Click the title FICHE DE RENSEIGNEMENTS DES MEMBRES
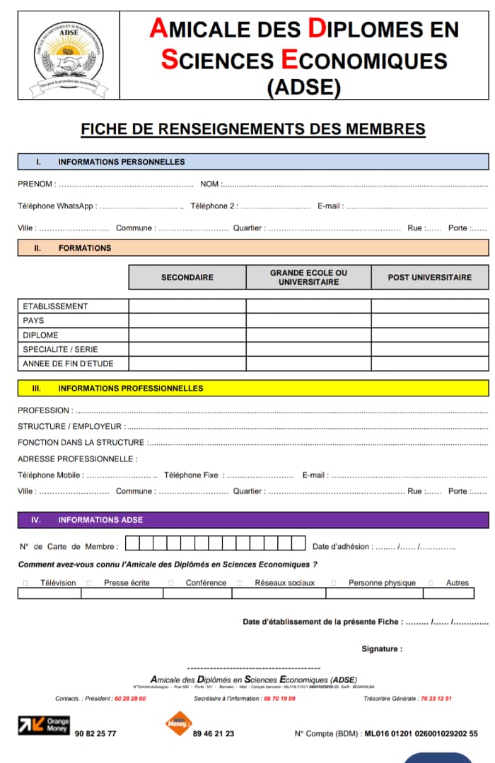(x=253, y=129)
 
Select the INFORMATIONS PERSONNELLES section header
(x=121, y=162)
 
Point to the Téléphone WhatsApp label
(x=56, y=206)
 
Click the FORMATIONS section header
(x=84, y=248)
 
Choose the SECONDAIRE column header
(x=187, y=278)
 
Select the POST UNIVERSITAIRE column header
(x=429, y=278)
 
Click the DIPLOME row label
(x=40, y=335)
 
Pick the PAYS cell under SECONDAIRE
(x=187, y=321)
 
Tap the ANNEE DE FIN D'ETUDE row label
(x=68, y=364)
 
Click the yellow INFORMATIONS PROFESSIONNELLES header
(x=130, y=389)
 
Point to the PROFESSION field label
(x=44, y=410)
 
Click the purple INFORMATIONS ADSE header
(x=100, y=520)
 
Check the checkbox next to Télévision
(x=25, y=583)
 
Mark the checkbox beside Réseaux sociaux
(x=240, y=583)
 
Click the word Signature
(x=382, y=649)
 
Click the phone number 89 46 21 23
(x=214, y=734)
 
